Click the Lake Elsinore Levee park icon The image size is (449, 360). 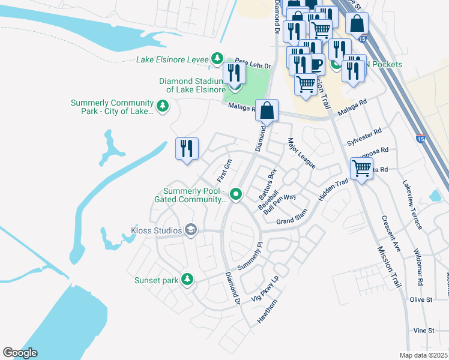pyautogui.click(x=217, y=59)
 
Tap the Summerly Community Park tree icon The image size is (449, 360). pyautogui.click(x=162, y=106)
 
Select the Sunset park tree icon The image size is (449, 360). pyautogui.click(x=187, y=279)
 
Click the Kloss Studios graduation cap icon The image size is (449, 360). pyautogui.click(x=190, y=230)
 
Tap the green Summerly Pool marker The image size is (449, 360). pyautogui.click(x=236, y=194)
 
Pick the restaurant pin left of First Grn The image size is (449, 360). pyautogui.click(x=187, y=148)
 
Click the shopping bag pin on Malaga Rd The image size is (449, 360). pyautogui.click(x=268, y=110)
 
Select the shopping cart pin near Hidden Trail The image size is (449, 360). pyautogui.click(x=361, y=169)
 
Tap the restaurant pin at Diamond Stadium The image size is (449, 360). pyautogui.click(x=234, y=74)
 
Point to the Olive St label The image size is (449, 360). pyautogui.click(x=421, y=299)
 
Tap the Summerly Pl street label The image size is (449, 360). pyautogui.click(x=251, y=256)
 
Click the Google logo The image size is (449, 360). pyautogui.click(x=20, y=353)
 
